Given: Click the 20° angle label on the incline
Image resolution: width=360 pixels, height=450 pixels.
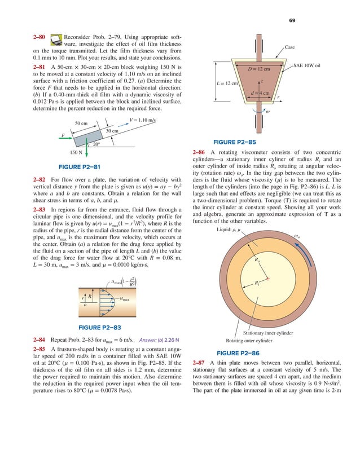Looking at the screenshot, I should pos(96,144).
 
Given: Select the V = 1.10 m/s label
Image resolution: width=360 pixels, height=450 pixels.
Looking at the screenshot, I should pos(142,120).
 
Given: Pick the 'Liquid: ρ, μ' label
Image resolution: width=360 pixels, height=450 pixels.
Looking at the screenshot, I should pos(231,230).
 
